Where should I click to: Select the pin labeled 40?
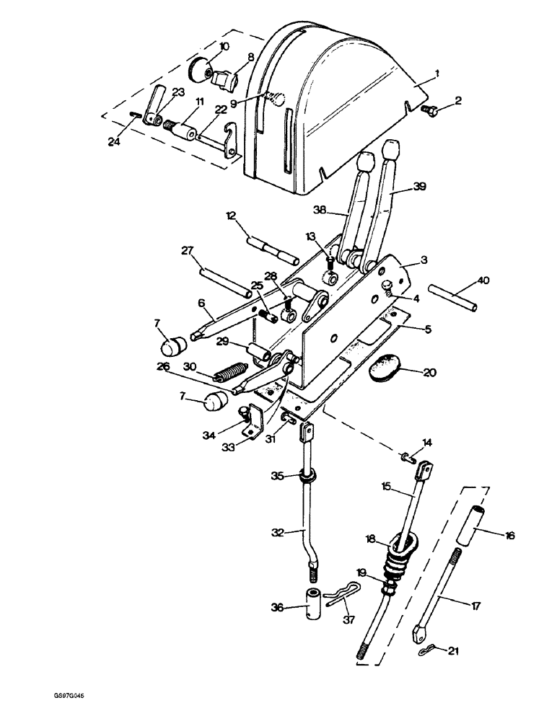[453, 298]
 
